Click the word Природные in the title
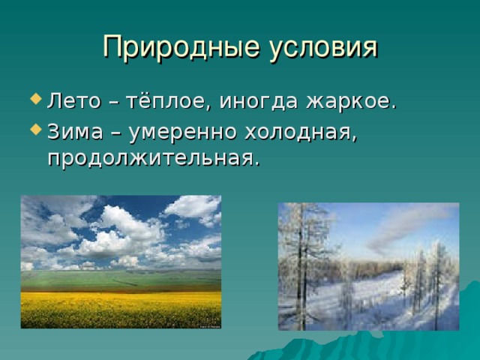(181, 47)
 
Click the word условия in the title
(324, 47)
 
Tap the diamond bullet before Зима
(36, 129)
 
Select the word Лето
(73, 100)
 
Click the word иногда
(258, 102)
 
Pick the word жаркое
(349, 101)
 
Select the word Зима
(75, 132)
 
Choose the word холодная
(300, 132)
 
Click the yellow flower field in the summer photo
(121, 310)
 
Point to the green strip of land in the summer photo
(121, 280)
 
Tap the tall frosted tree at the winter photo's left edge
(301, 266)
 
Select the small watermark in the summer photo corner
(210, 327)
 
